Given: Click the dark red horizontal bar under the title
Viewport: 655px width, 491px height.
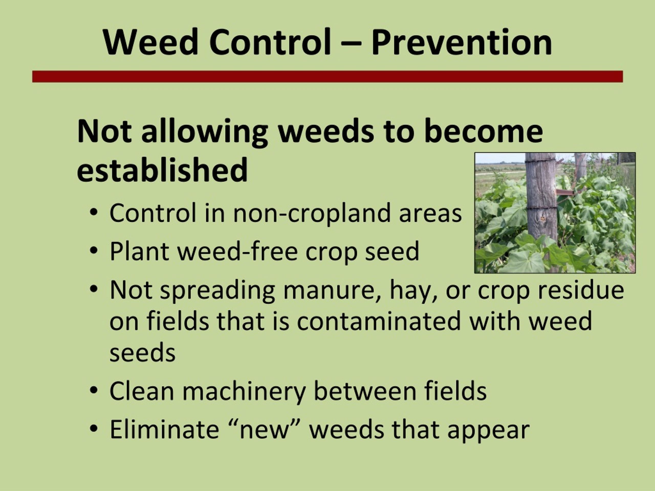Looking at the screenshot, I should click(x=327, y=77).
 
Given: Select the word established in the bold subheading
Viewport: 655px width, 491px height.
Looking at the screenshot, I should click(x=162, y=170).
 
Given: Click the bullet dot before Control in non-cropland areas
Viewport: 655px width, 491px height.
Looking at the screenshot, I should click(x=94, y=213).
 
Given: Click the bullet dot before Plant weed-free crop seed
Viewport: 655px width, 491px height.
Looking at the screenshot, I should click(x=94, y=251).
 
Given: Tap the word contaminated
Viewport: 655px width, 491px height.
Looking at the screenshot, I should click(x=379, y=321).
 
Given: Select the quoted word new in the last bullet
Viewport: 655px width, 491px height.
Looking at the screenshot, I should click(x=264, y=430).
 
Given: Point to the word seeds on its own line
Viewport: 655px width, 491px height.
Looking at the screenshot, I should click(x=143, y=352).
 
